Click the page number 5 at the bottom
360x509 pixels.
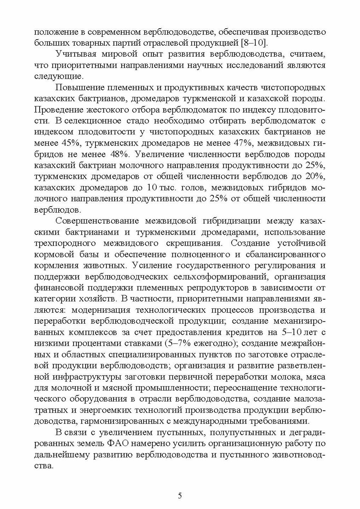pos(180,495)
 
